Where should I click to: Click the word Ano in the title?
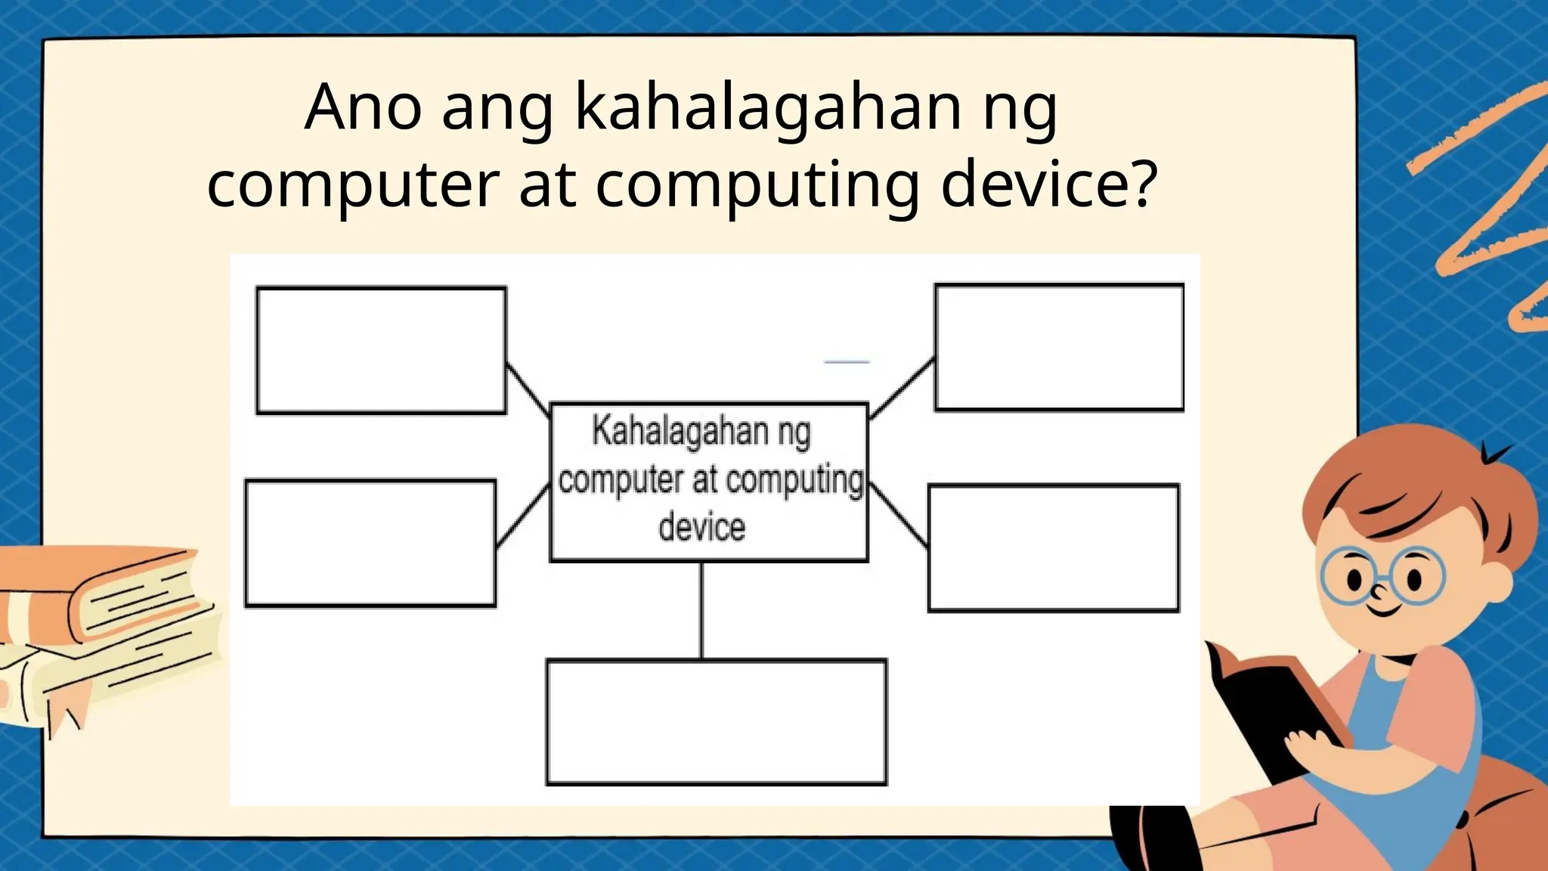tap(363, 108)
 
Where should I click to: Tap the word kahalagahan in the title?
tap(768, 108)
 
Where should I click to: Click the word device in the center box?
tap(702, 527)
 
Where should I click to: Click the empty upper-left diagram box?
tap(381, 350)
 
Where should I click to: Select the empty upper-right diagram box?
tap(1059, 348)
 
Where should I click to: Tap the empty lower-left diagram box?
tap(370, 543)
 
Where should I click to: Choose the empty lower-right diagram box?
tap(1054, 548)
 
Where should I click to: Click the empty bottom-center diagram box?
tap(716, 722)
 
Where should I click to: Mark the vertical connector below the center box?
tap(701, 610)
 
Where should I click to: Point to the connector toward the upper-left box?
tap(528, 389)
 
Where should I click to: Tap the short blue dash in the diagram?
tap(847, 362)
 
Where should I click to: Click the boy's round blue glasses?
tap(1382, 576)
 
